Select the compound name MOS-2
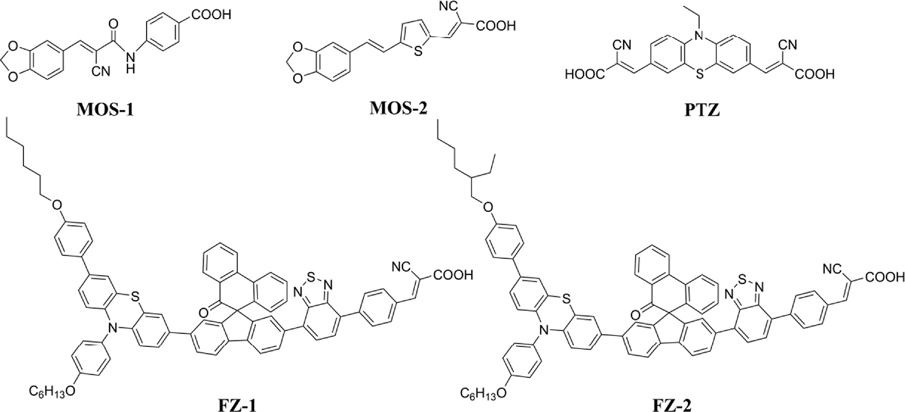point(398,108)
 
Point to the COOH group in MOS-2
point(496,25)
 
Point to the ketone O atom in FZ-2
point(634,315)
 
